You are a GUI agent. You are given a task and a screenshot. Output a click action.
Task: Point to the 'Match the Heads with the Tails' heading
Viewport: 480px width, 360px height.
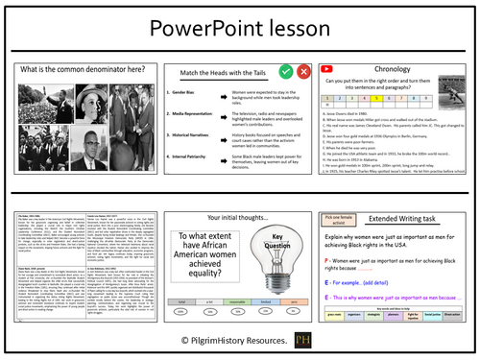pyautogui.click(x=213, y=73)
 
